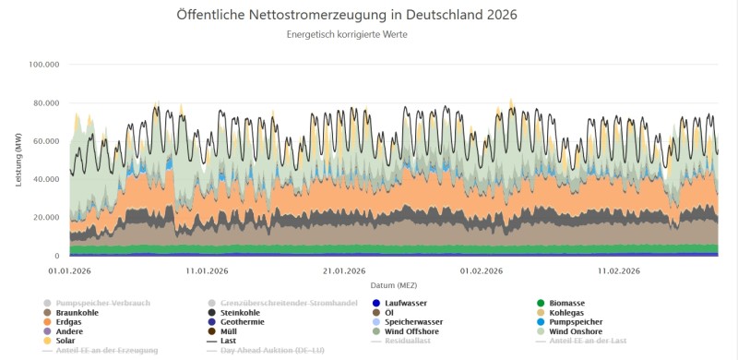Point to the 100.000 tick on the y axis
(x=44, y=65)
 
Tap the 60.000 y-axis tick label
(x=46, y=141)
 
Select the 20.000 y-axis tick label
(x=46, y=218)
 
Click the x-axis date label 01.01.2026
(x=70, y=270)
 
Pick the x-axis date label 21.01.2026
(x=343, y=270)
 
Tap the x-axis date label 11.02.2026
(x=619, y=270)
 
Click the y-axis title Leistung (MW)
(x=18, y=161)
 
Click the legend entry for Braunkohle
(x=77, y=312)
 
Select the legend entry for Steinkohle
(x=244, y=312)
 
